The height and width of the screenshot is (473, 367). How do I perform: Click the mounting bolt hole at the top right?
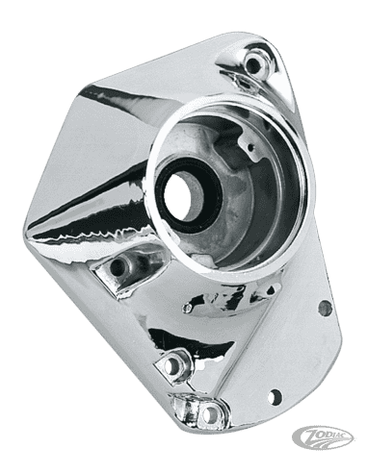254,65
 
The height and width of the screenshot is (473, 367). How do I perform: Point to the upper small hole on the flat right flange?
325,308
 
